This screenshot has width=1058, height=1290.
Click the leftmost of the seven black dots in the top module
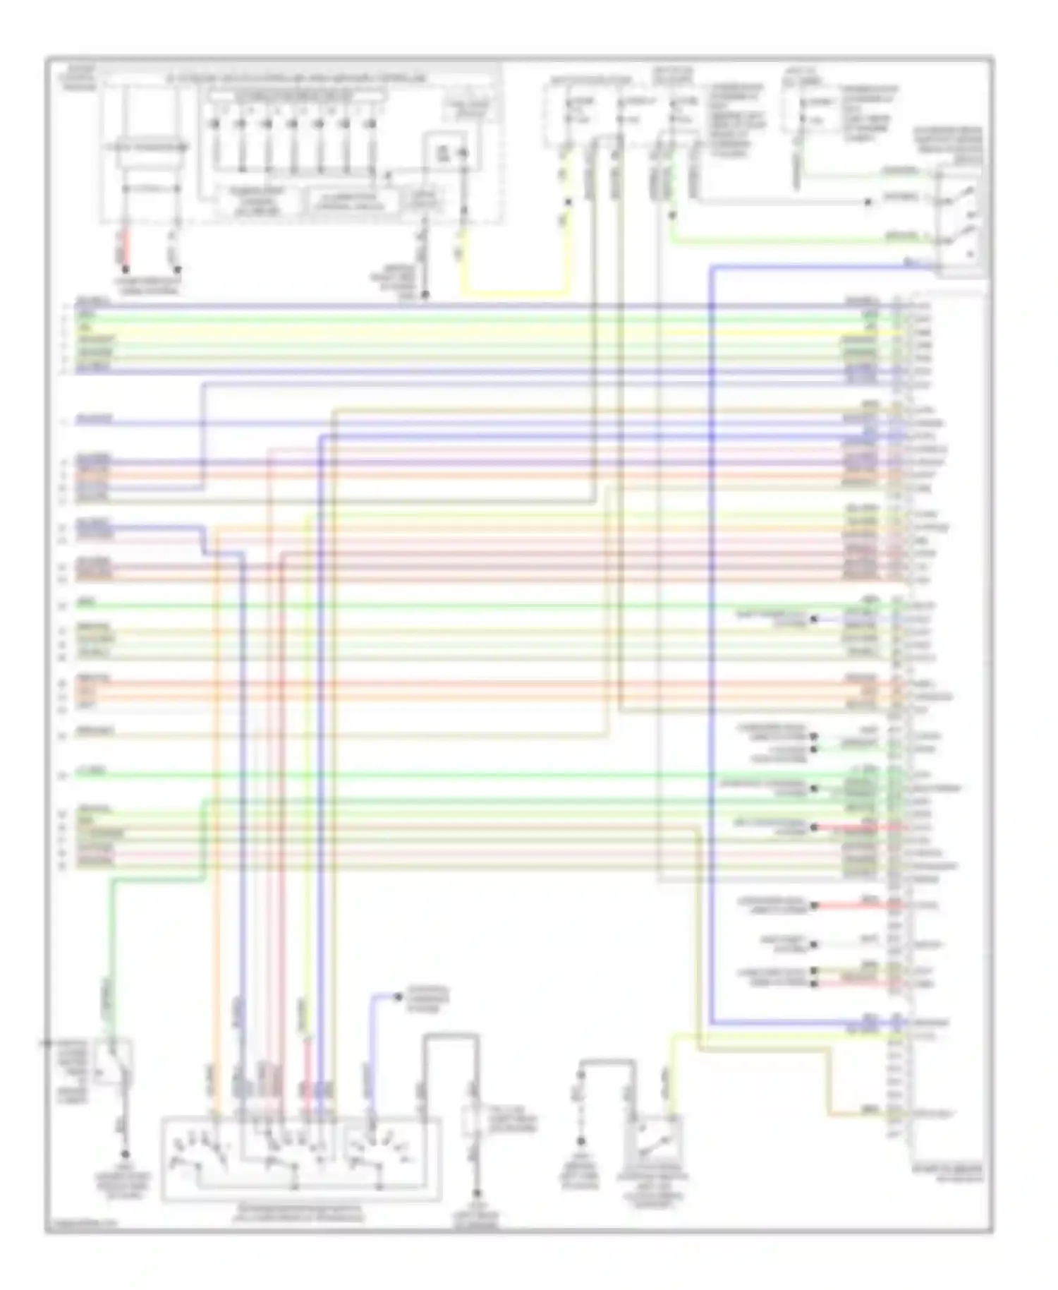point(215,124)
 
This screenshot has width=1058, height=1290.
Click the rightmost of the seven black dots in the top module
point(369,124)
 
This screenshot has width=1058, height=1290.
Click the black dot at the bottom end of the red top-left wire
point(125,270)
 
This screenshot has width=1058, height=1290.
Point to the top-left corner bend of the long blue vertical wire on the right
point(711,267)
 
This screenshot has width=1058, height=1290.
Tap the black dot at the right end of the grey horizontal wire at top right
point(868,203)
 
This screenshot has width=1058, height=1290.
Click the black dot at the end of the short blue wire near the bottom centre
point(399,996)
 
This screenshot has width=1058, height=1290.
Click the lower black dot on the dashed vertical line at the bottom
point(580,1141)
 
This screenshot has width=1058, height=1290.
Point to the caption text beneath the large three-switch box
point(300,1213)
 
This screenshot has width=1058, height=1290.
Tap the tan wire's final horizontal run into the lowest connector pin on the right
point(857,1115)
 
